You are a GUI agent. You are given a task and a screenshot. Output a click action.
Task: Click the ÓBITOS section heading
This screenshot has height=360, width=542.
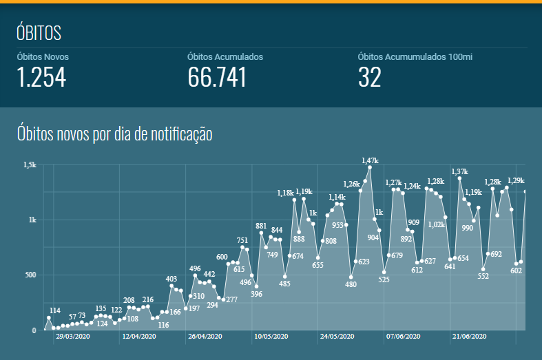(x=39, y=33)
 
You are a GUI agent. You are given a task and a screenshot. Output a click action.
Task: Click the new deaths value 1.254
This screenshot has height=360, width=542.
(x=41, y=77)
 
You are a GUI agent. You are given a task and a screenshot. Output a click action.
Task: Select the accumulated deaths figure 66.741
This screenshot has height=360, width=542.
(x=217, y=77)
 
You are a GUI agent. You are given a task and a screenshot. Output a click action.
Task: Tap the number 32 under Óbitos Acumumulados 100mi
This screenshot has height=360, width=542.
(x=370, y=77)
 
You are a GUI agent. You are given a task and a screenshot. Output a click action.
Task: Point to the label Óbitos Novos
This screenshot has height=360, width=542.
(x=43, y=56)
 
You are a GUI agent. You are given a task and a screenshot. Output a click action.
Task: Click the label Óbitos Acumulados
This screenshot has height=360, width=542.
(x=225, y=56)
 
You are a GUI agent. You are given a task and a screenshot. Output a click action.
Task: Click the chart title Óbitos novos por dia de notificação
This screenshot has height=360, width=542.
(x=114, y=134)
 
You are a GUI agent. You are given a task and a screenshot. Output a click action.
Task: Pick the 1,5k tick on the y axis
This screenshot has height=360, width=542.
(x=30, y=165)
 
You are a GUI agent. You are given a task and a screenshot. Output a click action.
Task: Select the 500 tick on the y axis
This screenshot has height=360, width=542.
(x=30, y=275)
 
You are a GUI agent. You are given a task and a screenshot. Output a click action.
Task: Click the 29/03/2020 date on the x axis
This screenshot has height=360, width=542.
(x=73, y=337)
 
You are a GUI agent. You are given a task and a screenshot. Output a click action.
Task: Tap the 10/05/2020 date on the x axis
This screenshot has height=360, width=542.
(x=271, y=337)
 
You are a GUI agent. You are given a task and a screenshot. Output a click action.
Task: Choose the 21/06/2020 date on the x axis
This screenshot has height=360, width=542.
(x=470, y=337)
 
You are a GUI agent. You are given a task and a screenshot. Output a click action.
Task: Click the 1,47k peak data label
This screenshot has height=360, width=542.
(x=371, y=160)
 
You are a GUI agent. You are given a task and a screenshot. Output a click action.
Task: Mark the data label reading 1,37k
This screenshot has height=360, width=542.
(x=459, y=171)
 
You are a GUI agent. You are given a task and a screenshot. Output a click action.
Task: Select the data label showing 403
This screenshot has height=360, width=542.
(x=171, y=279)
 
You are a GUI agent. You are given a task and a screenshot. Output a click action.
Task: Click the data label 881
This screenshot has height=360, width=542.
(x=261, y=226)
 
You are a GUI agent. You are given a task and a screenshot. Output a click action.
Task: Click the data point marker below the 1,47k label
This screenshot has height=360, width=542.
(x=370, y=167)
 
